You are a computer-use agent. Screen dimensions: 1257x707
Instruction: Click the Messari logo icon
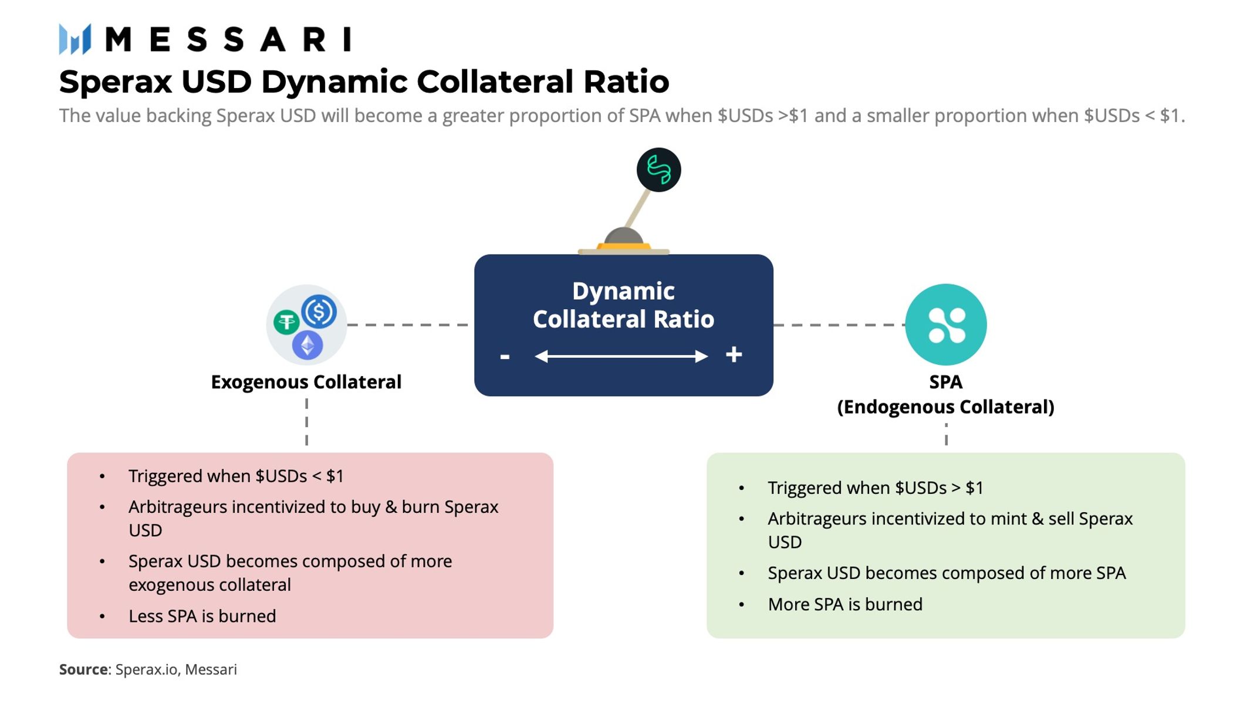(75, 39)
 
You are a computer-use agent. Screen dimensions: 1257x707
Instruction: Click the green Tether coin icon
(286, 322)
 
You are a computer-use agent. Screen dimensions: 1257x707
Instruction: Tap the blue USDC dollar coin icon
(319, 312)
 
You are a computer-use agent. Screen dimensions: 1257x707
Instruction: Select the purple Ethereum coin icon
(308, 345)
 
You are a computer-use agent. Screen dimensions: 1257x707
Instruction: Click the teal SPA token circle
(945, 324)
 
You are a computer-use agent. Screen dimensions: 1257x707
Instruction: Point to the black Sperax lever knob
(658, 170)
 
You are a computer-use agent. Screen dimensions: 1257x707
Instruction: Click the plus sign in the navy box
(734, 354)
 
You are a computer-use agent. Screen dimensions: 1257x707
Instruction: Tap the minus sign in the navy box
(505, 356)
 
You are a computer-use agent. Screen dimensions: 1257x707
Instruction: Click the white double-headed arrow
(621, 356)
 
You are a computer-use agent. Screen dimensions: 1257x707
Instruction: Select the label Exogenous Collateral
(306, 382)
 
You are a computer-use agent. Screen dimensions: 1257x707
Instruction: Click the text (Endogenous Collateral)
(945, 407)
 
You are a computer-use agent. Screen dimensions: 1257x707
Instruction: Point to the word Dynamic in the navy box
(623, 291)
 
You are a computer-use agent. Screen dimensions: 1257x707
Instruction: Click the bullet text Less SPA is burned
(202, 616)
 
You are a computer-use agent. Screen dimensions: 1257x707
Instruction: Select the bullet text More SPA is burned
(845, 604)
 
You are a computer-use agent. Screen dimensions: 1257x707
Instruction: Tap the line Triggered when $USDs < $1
(236, 476)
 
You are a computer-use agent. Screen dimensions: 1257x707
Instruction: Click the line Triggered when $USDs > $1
(876, 488)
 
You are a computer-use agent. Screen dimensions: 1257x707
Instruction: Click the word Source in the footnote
(83, 669)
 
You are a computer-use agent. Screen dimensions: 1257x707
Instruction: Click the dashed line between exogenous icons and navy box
(408, 324)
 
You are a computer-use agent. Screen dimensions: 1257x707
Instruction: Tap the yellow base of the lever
(623, 246)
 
